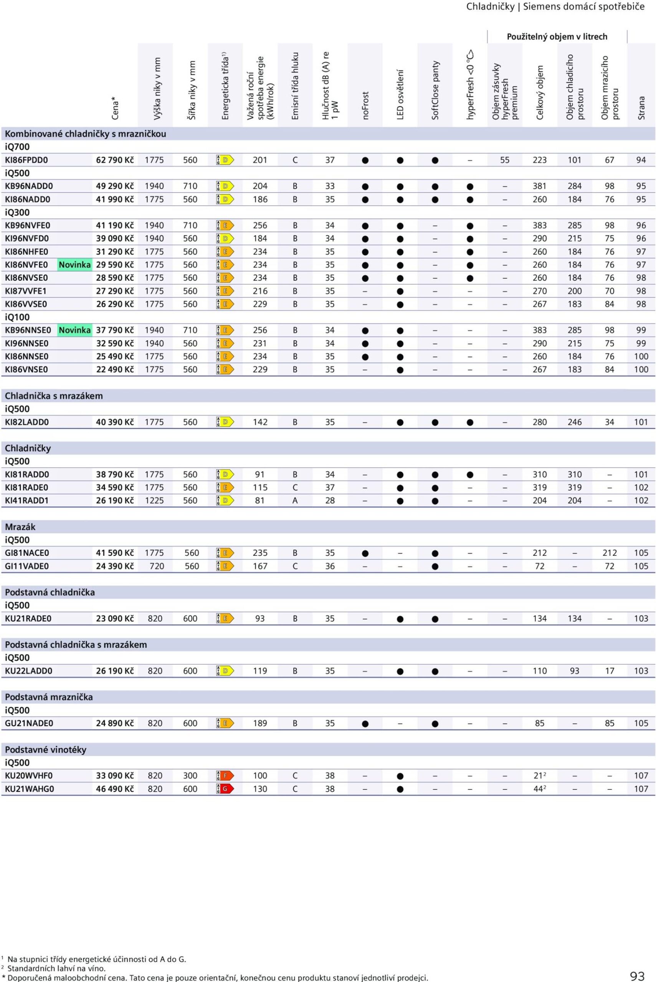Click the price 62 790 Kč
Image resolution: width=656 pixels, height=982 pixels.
point(115,160)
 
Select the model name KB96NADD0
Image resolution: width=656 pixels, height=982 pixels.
point(29,186)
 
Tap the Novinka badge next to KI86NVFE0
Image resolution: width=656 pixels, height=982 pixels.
point(74,265)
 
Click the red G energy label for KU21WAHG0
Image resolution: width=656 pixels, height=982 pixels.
point(225,789)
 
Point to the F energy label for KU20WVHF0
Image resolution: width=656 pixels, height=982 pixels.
point(225,776)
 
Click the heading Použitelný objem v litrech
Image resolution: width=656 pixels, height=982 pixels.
point(557,37)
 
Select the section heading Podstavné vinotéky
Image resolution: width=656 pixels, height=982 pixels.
point(46,750)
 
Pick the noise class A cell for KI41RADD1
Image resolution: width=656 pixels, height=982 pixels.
point(295,501)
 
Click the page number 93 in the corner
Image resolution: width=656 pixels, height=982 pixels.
point(637,976)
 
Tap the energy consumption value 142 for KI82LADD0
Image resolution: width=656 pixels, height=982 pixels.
point(260,422)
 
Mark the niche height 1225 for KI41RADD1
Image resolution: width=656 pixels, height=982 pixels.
point(154,501)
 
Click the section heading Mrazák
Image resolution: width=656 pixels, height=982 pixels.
point(20,527)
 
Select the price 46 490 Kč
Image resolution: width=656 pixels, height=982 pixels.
point(115,789)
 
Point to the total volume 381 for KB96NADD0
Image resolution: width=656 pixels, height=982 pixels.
point(539,186)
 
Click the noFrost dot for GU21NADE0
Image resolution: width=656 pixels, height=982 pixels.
point(365,723)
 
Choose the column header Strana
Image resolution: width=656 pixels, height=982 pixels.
point(641,108)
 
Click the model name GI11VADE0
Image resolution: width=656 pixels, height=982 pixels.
point(27,566)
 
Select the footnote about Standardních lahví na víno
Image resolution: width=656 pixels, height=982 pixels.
point(56,968)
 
